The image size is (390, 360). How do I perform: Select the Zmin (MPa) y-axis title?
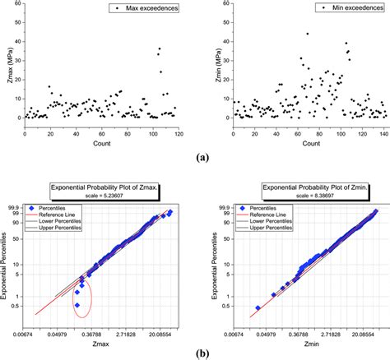click(209, 62)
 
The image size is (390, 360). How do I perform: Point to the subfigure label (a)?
click(195, 154)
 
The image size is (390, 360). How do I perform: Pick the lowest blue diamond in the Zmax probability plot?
click(77, 305)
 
